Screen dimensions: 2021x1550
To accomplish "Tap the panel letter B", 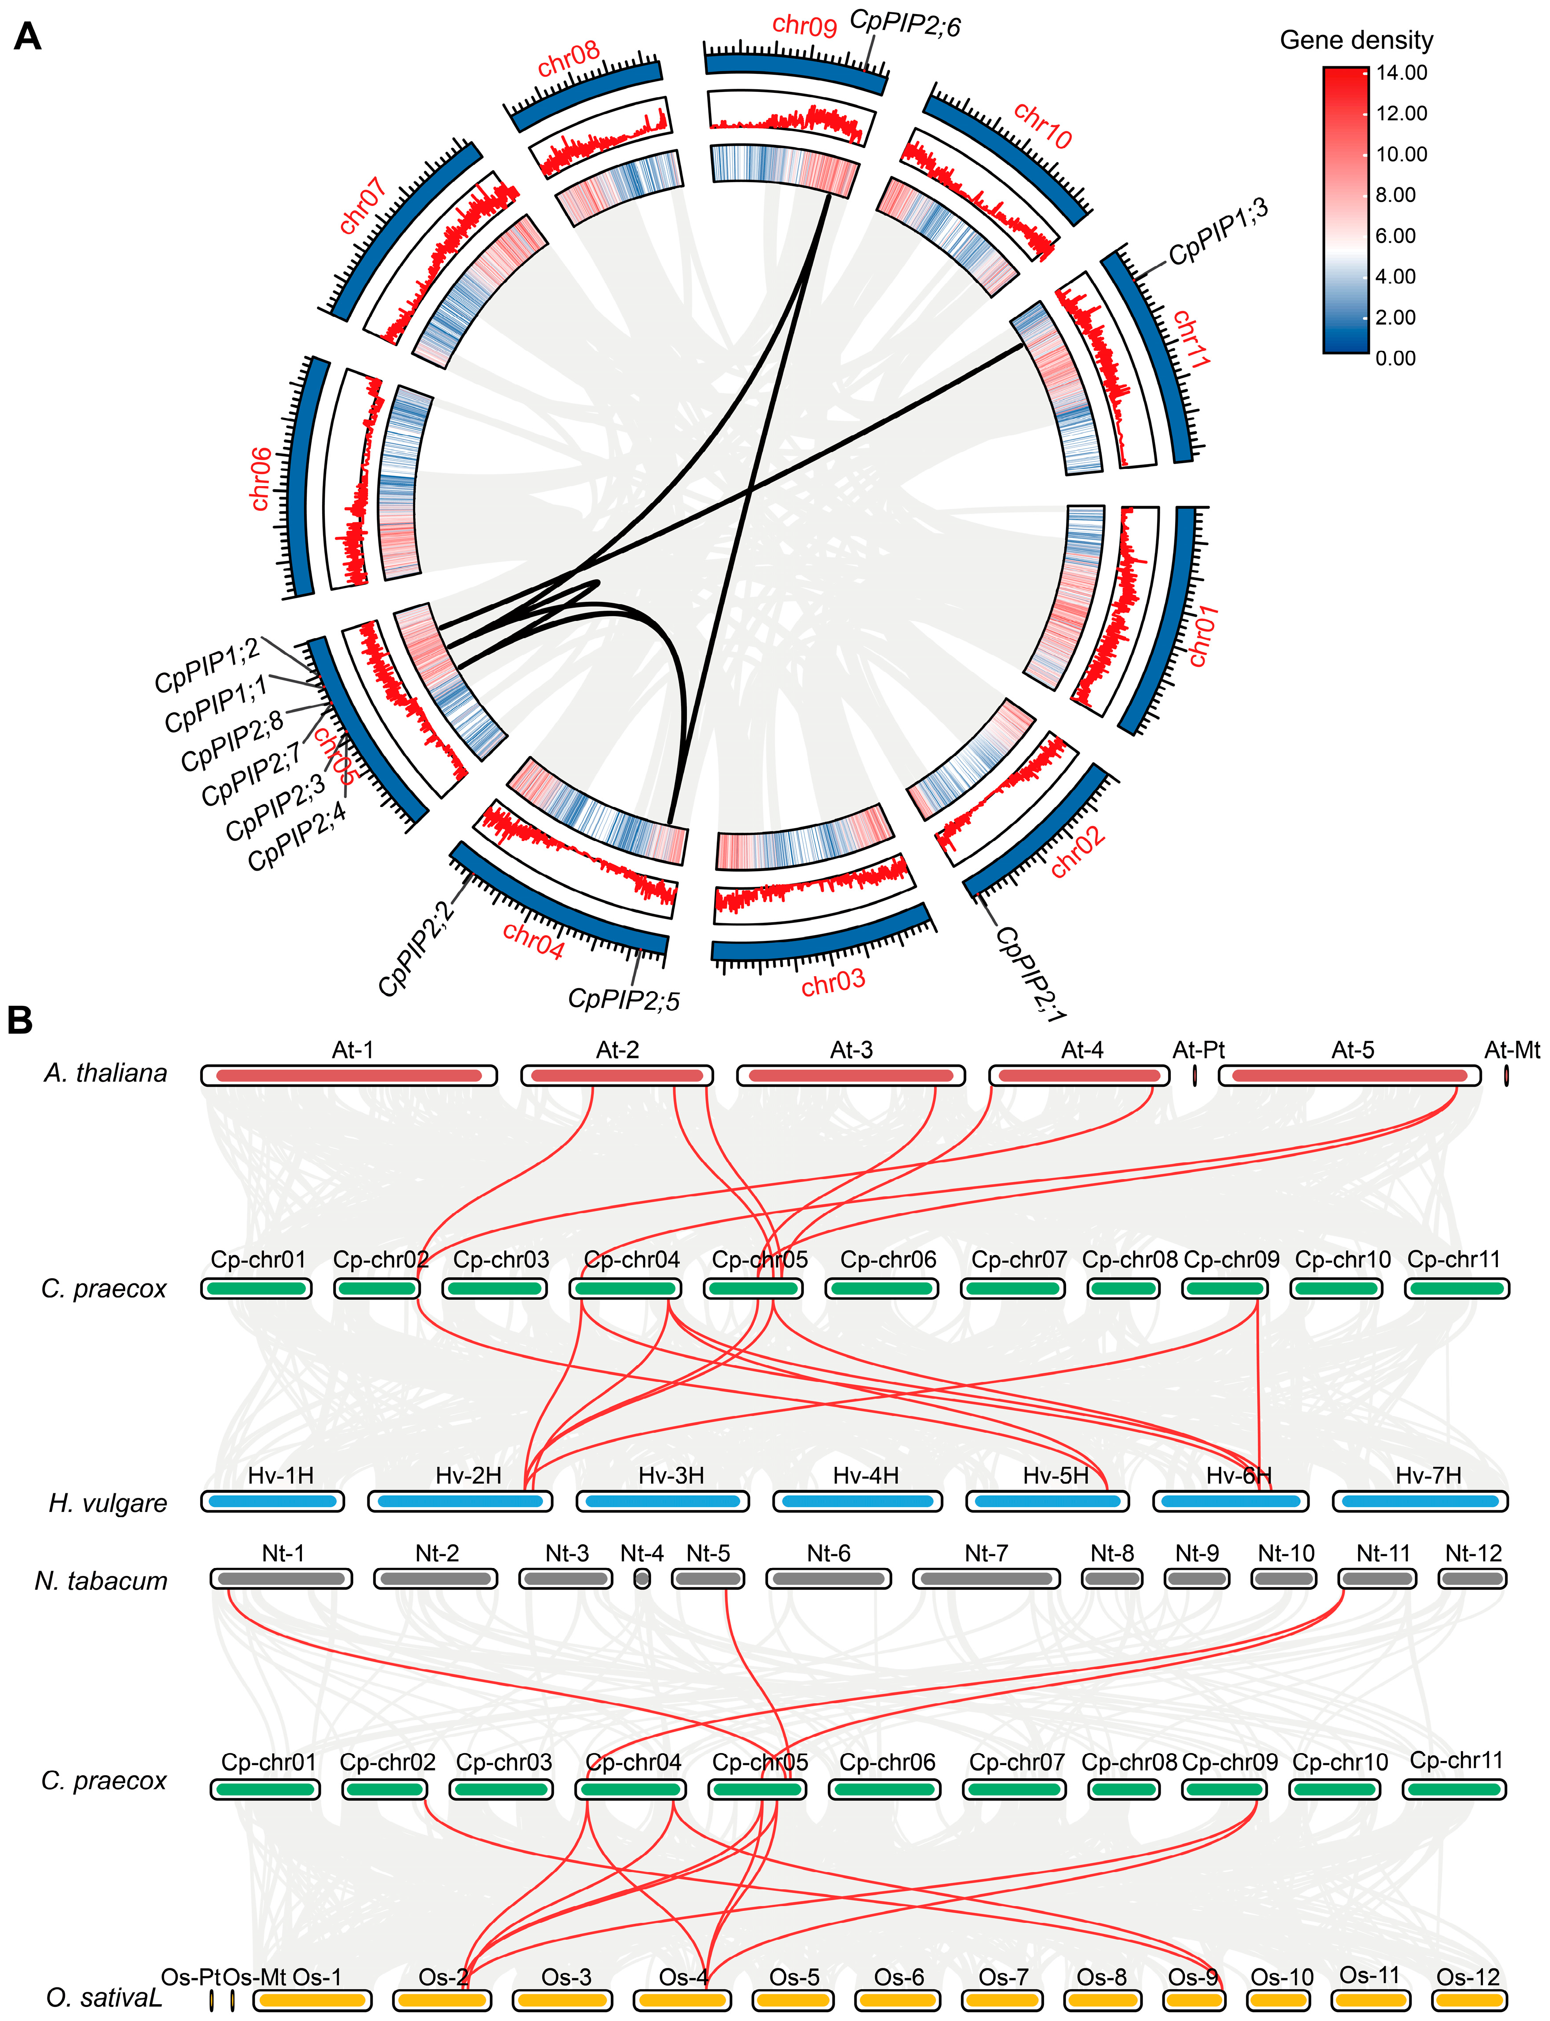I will click(20, 1020).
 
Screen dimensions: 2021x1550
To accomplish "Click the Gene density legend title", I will click(1356, 41).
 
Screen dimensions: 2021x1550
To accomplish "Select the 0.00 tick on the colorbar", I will click(1395, 358).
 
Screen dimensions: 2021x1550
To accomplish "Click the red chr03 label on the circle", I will click(833, 983).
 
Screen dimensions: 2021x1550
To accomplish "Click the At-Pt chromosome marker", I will click(1195, 1076).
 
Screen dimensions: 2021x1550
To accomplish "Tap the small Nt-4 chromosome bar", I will click(642, 1578).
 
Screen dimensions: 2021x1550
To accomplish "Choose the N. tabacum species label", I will click(102, 1581).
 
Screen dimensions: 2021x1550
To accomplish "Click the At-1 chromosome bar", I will click(349, 1076).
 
